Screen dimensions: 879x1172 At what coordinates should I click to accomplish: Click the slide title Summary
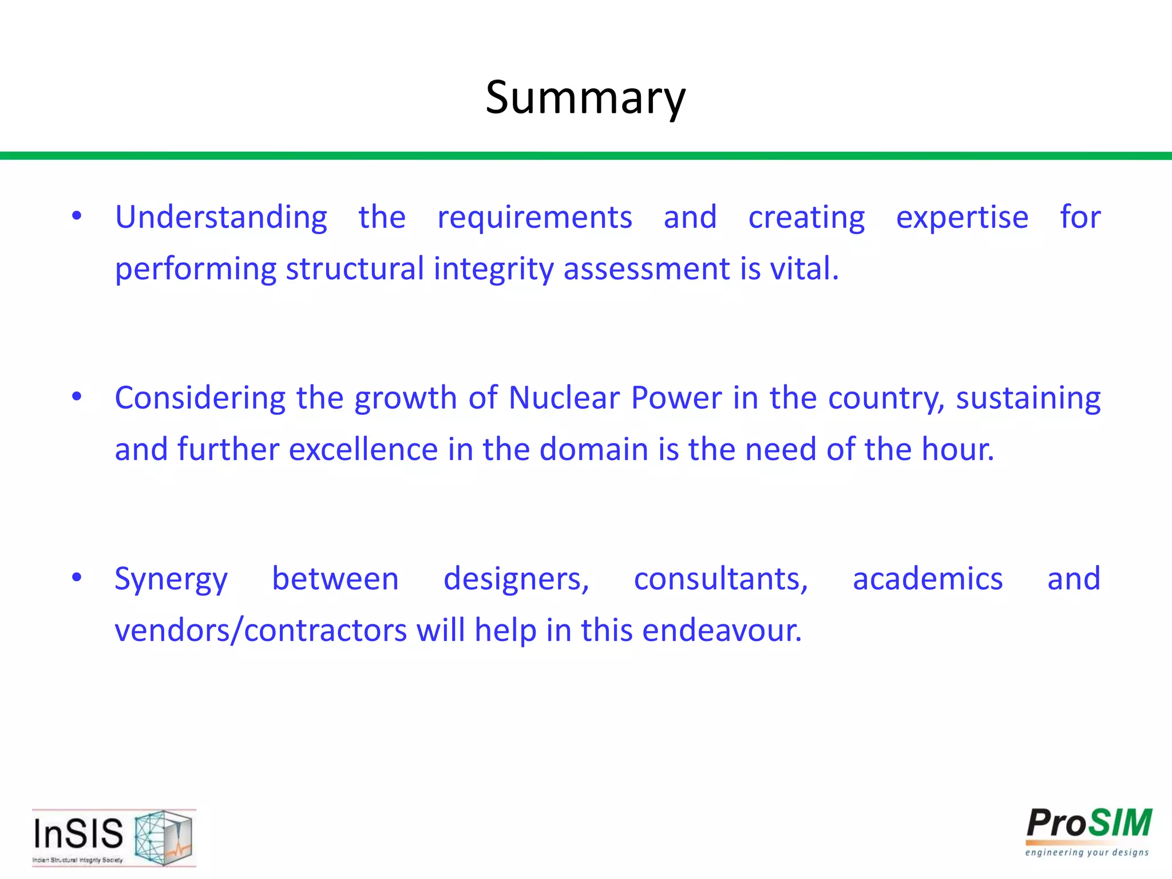[x=585, y=98]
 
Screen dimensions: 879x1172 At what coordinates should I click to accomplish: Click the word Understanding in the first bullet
[x=221, y=217]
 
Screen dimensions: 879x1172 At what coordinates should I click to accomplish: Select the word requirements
[x=534, y=217]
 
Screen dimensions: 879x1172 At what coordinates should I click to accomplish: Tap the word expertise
[x=962, y=217]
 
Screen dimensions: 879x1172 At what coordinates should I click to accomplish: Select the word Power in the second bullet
[x=676, y=398]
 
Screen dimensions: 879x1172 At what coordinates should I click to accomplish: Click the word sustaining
[x=1028, y=398]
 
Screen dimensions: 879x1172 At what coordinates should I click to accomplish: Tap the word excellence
[x=363, y=449]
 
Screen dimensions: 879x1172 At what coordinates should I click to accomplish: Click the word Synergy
[x=171, y=579]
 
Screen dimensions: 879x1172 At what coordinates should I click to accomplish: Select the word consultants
[x=720, y=579]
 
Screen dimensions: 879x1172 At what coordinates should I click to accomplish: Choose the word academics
[x=928, y=579]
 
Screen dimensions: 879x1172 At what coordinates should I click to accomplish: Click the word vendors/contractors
[x=260, y=631]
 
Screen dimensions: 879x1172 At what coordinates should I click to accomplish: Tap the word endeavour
[x=722, y=631]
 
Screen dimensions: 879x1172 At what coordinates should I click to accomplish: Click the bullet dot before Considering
[x=77, y=397]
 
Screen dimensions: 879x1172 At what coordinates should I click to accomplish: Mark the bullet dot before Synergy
[x=77, y=577]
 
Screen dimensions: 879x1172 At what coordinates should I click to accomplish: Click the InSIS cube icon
[x=163, y=837]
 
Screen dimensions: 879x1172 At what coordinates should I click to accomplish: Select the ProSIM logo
[x=1088, y=832]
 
